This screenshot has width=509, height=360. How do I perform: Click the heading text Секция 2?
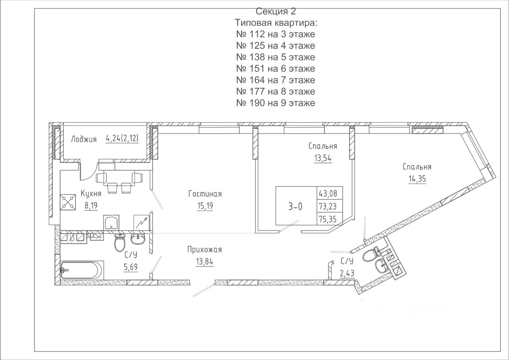(276, 12)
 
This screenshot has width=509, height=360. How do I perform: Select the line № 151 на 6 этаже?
(276, 68)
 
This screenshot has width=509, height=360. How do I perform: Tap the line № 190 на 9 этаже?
(276, 103)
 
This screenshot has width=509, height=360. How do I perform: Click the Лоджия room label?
(84, 139)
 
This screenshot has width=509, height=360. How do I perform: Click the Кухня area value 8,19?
(91, 205)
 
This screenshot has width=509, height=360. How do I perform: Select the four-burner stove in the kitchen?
(68, 202)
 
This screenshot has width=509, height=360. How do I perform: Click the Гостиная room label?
(205, 194)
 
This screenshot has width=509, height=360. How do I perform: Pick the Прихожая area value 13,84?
(204, 262)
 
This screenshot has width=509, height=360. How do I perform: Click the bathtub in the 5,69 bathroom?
(82, 270)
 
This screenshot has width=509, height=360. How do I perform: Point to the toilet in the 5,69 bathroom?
(120, 243)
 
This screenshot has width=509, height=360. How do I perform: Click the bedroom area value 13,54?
(322, 158)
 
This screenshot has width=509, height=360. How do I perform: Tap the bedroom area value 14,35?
(417, 179)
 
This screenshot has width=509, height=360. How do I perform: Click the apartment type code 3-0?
(295, 206)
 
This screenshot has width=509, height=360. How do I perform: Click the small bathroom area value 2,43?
(347, 273)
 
